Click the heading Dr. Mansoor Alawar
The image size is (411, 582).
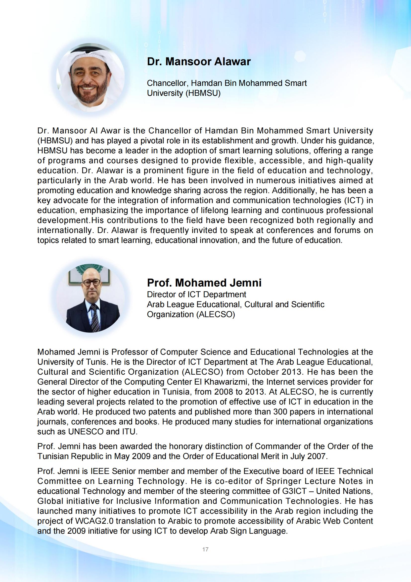point(199,61)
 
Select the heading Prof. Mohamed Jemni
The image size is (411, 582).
point(204,283)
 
